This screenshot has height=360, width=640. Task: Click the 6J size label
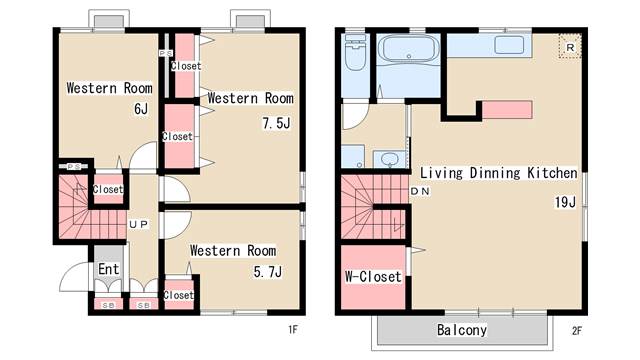[x=141, y=109]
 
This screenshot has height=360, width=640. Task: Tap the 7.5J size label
[x=276, y=123]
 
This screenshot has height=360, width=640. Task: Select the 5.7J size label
[x=267, y=272]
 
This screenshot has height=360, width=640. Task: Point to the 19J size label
[x=565, y=202]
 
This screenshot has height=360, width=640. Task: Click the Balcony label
[x=462, y=330]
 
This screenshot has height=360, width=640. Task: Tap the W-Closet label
[x=373, y=277]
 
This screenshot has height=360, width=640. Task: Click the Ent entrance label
[x=109, y=269]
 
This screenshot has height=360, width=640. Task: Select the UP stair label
[x=139, y=224]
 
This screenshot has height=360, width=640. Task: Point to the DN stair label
[x=420, y=191]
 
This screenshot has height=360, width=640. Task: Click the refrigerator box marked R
[x=570, y=47]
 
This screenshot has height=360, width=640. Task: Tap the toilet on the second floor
[x=355, y=52]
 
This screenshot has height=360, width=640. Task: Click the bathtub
[x=409, y=48]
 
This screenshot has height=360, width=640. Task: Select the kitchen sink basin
[x=509, y=45]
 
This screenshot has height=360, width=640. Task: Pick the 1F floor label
[x=293, y=329]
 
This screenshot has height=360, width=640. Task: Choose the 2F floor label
[x=576, y=331]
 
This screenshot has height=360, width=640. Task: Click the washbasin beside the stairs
[x=390, y=159]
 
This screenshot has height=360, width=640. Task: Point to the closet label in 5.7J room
[x=178, y=295]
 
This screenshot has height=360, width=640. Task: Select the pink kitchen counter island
[x=507, y=110]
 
